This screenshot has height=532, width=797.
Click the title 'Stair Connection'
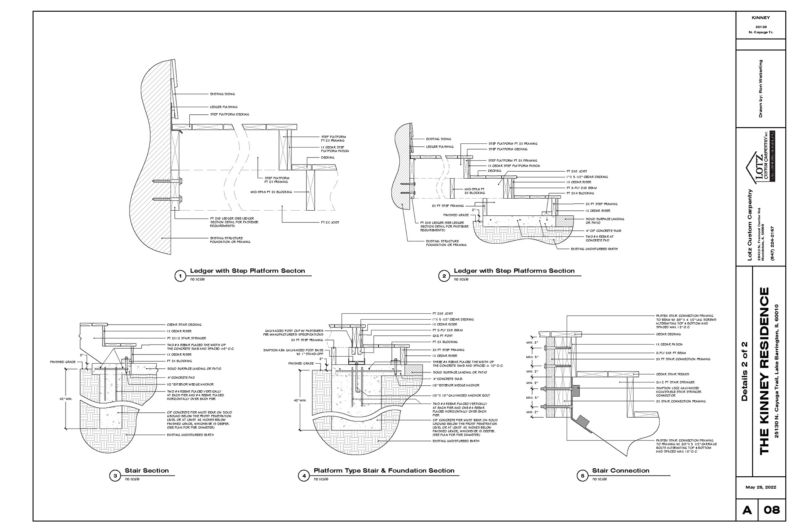click(620, 470)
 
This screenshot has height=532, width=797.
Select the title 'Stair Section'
click(147, 470)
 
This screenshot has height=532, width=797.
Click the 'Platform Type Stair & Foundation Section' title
click(384, 470)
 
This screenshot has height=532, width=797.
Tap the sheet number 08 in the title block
click(772, 510)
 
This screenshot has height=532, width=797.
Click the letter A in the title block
click(747, 510)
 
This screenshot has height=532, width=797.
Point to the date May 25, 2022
click(760, 487)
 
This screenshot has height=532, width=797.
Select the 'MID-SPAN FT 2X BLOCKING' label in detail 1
click(271, 192)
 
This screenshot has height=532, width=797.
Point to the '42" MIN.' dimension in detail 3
click(67, 399)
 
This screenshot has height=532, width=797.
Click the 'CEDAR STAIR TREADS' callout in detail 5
click(672, 374)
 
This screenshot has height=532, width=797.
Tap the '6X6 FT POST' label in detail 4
click(443, 336)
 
